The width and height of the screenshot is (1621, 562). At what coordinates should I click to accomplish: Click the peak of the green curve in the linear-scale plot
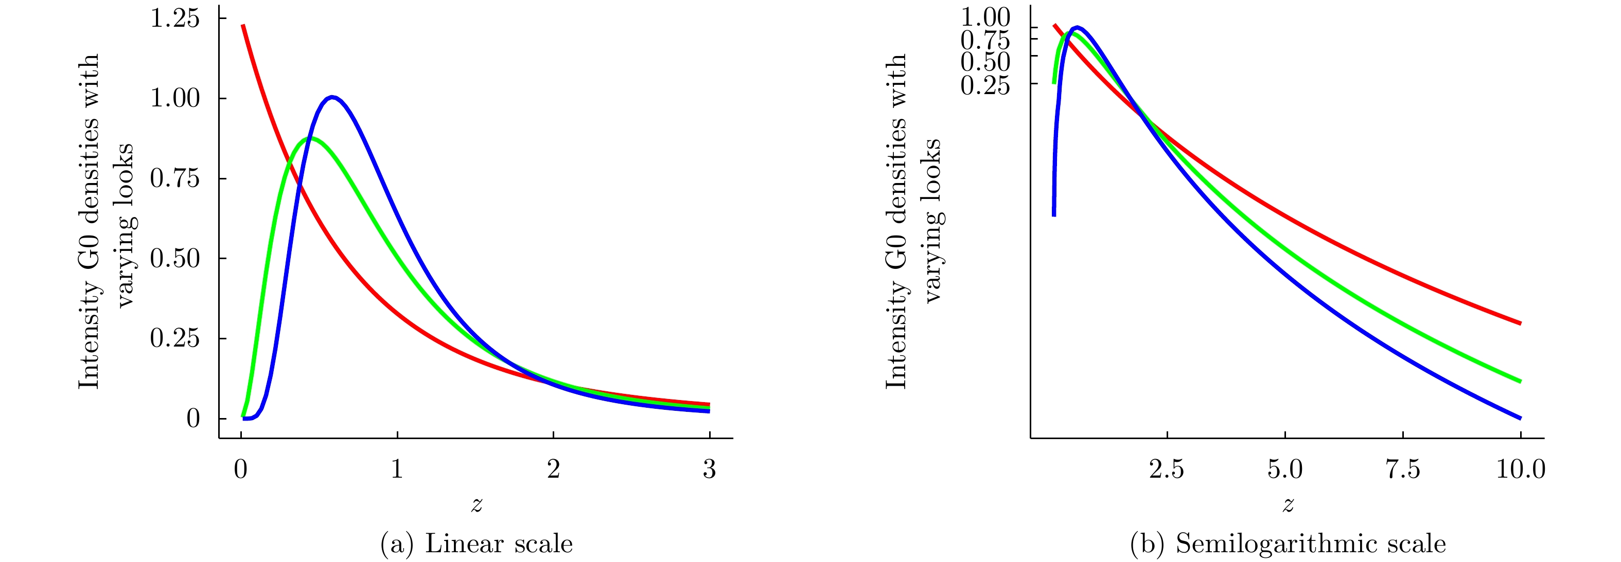(x=310, y=138)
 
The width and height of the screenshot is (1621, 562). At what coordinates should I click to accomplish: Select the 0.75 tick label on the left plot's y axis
(x=174, y=178)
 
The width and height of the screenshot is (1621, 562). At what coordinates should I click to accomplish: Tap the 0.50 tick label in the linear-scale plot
(x=174, y=258)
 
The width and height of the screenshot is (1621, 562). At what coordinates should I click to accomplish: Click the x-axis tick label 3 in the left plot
(x=709, y=469)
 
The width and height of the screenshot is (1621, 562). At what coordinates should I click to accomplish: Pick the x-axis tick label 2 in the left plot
(x=553, y=469)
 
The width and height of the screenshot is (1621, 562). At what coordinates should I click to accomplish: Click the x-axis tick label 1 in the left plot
(x=397, y=469)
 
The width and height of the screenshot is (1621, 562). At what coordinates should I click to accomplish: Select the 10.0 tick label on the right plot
(x=1520, y=469)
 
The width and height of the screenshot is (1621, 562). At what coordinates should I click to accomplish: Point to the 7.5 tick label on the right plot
(x=1403, y=469)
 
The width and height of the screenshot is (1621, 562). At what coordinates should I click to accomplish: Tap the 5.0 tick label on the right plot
(x=1284, y=469)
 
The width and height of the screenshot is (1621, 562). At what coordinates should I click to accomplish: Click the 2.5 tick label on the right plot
(x=1167, y=469)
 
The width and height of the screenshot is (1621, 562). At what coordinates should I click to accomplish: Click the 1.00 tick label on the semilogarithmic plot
(x=985, y=17)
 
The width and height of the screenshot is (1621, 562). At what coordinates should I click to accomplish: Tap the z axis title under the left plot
(x=477, y=504)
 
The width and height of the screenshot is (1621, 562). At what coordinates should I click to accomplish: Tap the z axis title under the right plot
(x=1288, y=504)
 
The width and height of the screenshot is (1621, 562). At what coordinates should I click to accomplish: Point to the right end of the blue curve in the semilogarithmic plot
(x=1520, y=418)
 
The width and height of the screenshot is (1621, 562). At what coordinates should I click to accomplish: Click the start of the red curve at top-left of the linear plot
(x=243, y=26)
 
